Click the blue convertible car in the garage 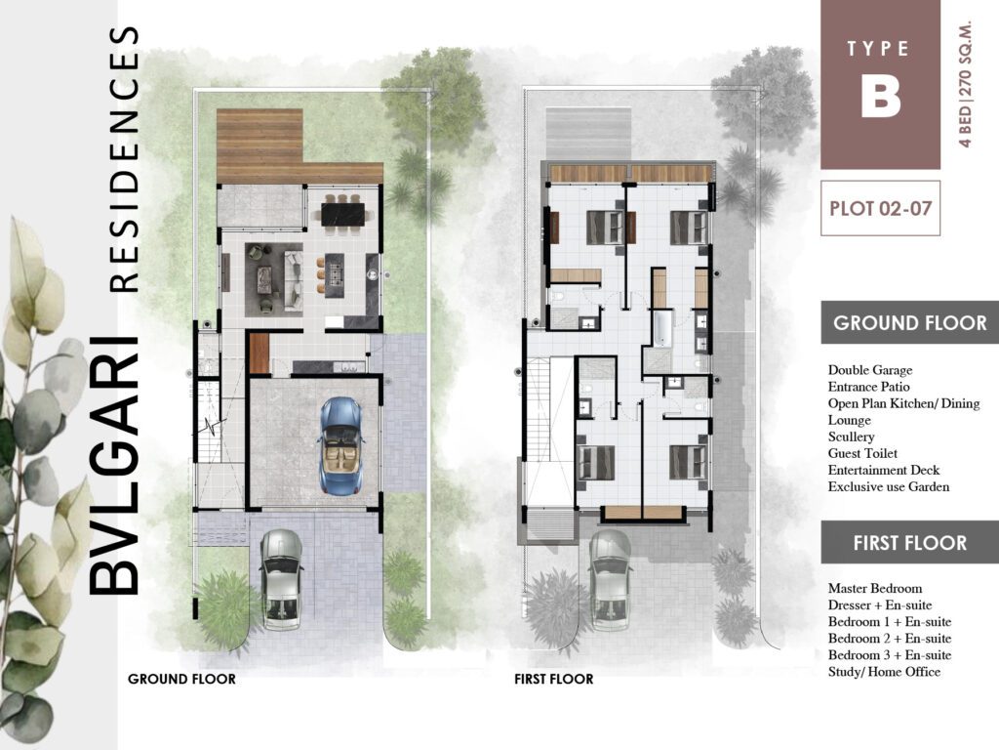pos(341,445)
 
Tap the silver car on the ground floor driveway pos(282,578)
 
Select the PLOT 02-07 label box pos(880,208)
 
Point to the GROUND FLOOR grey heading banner pos(909,323)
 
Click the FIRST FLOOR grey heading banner pos(909,543)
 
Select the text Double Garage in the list pos(870,370)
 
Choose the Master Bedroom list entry pos(875,589)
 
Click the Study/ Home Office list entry pos(884,672)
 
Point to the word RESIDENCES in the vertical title pos(126,159)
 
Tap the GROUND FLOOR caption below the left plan pos(181,679)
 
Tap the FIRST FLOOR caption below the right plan pos(553,679)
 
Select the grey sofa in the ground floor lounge pos(292,273)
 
